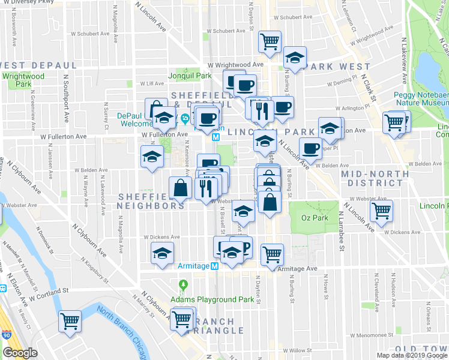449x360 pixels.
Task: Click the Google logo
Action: coord(20,353)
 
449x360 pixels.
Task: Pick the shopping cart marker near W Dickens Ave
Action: coord(382,211)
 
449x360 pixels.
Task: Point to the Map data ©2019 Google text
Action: coord(412,355)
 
